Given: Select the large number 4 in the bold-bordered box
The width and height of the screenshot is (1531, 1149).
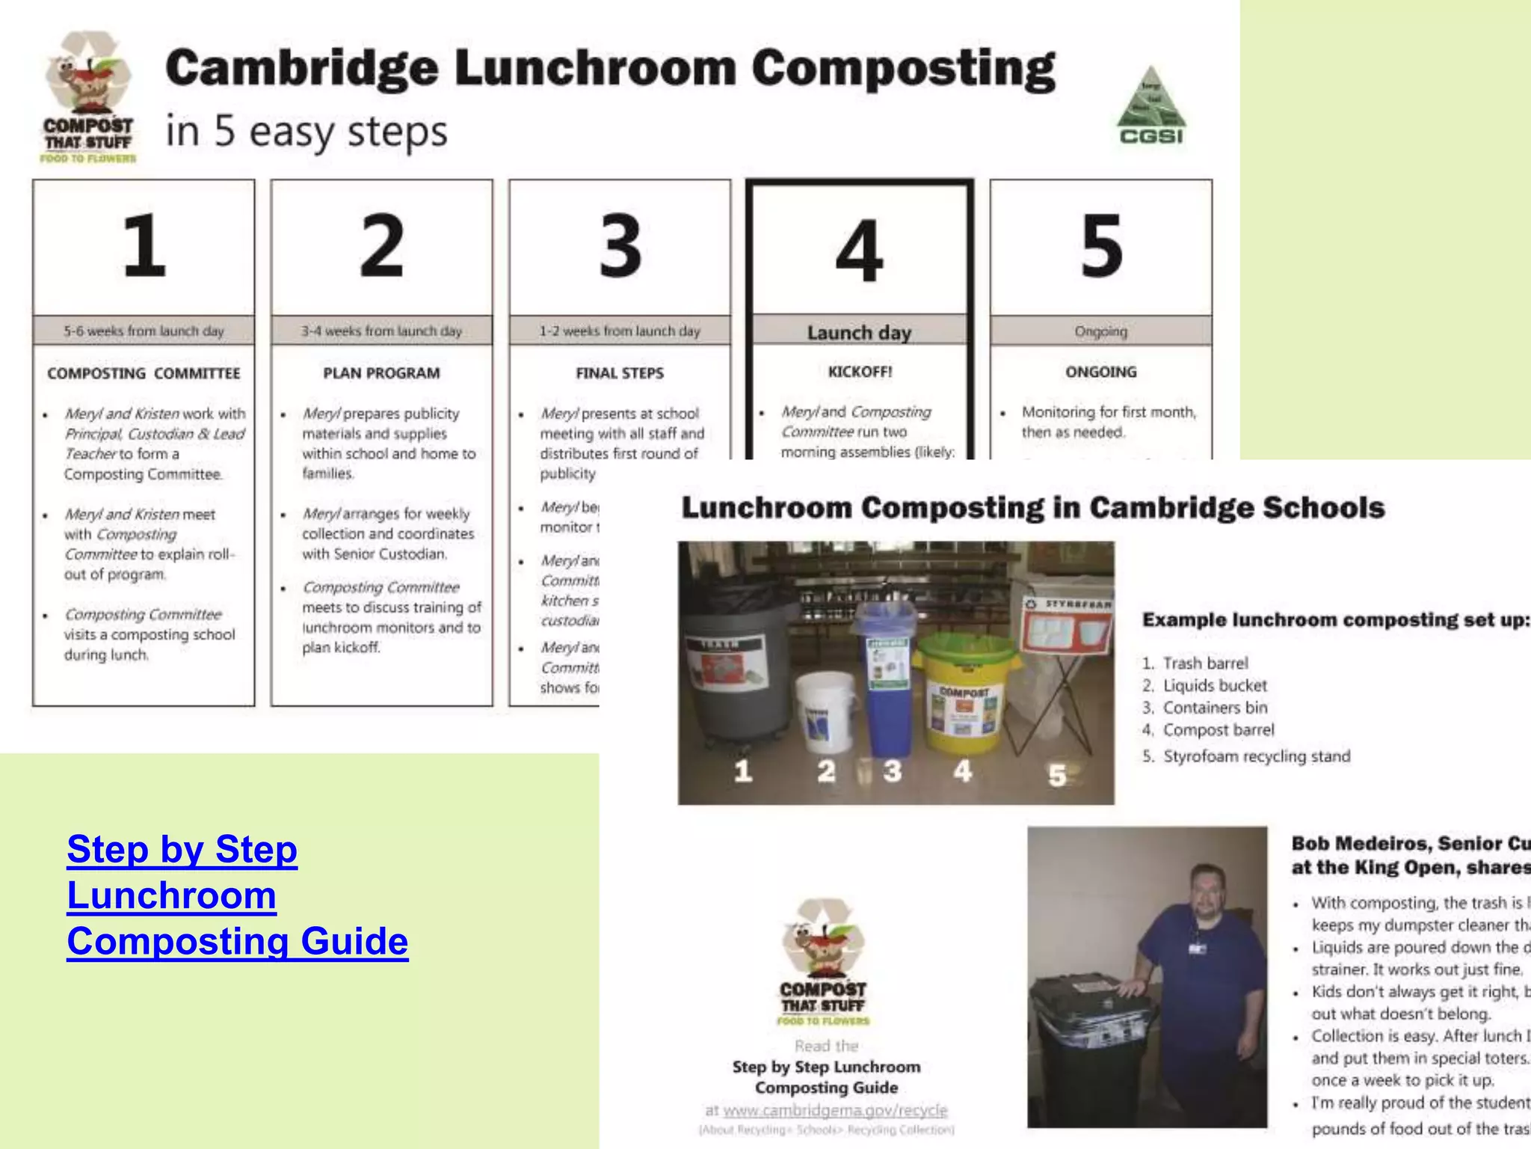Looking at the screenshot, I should click(859, 251).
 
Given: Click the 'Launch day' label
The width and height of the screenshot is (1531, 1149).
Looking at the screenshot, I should click(859, 332).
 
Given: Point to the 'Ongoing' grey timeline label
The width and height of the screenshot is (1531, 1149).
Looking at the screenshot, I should click(1100, 331).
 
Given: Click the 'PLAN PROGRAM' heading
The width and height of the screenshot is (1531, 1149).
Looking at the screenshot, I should click(381, 373).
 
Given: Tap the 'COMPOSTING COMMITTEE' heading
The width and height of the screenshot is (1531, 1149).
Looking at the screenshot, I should click(144, 373).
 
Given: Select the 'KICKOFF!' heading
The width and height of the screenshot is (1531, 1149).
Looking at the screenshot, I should click(860, 372).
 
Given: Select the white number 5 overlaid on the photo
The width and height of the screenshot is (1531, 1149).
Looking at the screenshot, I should click(1056, 775).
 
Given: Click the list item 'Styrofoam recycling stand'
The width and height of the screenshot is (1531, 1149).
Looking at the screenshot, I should click(1256, 756).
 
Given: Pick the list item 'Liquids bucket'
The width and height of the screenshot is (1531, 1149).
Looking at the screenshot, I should click(1215, 685).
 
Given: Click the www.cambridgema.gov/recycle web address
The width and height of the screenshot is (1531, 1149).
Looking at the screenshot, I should click(835, 1110).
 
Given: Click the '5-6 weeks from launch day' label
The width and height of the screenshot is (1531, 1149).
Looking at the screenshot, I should click(144, 331).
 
